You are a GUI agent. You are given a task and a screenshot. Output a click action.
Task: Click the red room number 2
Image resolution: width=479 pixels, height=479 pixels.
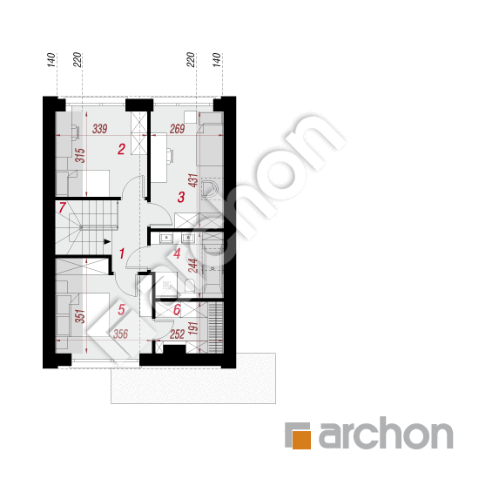click(x=121, y=149)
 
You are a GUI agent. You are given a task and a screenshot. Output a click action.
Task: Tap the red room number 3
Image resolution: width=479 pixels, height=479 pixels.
click(x=181, y=197)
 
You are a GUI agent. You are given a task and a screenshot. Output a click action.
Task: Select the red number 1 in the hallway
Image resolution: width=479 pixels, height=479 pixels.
click(x=122, y=253)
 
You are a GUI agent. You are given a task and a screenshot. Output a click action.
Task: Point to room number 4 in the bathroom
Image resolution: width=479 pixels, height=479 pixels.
click(x=177, y=253)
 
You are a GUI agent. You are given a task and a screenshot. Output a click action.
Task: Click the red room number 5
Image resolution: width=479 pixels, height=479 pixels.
click(x=121, y=309)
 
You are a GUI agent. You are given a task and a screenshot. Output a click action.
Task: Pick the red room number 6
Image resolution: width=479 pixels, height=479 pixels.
click(x=177, y=309)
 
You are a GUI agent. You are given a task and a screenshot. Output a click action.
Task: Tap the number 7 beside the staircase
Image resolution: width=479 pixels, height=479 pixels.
click(x=63, y=207)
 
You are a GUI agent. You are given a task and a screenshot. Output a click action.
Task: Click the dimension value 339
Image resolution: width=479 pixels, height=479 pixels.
click(x=100, y=129)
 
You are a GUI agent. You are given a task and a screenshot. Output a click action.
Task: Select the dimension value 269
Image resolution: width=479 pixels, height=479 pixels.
click(x=178, y=129)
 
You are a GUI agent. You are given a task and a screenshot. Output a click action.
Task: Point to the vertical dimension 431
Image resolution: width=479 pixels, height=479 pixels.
click(x=193, y=180)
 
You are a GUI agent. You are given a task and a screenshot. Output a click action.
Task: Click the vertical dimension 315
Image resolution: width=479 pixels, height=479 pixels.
click(x=80, y=155)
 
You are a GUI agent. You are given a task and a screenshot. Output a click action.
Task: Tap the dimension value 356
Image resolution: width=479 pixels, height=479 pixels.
click(x=120, y=334)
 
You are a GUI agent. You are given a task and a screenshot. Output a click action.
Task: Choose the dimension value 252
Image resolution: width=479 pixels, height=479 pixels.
click(x=177, y=334)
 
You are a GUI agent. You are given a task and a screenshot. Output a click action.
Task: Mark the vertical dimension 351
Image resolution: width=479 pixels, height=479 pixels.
click(x=80, y=316)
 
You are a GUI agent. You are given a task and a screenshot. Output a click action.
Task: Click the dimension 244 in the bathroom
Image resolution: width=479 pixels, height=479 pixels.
click(x=193, y=266)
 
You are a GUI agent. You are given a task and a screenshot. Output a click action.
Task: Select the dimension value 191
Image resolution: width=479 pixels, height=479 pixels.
click(x=193, y=328)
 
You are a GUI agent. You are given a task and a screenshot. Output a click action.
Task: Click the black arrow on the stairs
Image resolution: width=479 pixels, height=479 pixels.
click(x=107, y=241)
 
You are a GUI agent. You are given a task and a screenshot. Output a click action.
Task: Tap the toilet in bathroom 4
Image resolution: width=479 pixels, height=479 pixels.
click(x=190, y=285)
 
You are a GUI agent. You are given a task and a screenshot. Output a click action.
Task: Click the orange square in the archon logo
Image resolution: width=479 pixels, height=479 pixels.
click(x=301, y=440)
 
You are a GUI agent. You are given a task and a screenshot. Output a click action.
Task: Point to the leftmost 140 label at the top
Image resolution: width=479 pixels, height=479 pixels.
click(x=51, y=60)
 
